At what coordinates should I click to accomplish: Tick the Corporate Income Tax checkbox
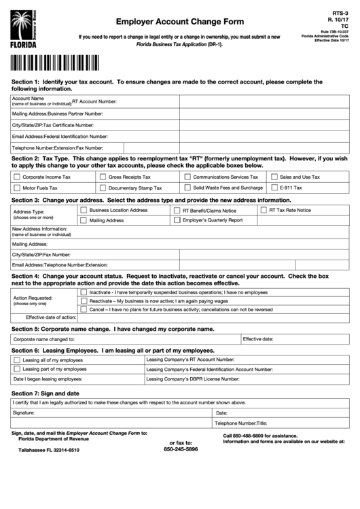click(x=16, y=177)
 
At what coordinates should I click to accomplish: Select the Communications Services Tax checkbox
click(x=187, y=177)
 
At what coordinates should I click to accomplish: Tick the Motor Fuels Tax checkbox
click(x=16, y=188)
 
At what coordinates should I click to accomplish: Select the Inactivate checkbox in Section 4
click(x=83, y=292)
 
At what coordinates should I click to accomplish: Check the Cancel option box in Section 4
click(x=83, y=309)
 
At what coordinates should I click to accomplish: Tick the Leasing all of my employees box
click(x=16, y=359)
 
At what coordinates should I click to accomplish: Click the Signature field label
click(x=23, y=413)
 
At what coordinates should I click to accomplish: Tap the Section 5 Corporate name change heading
click(x=113, y=329)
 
